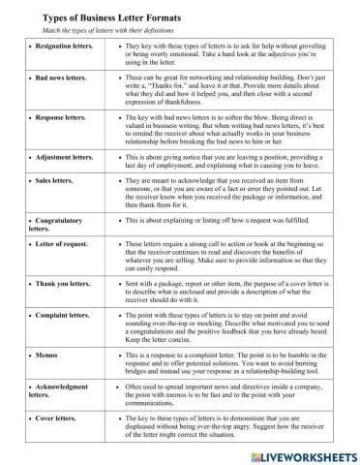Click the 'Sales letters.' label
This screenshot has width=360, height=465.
59,180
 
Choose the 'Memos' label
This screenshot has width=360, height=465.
48,356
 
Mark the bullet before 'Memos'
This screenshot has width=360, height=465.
32,356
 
